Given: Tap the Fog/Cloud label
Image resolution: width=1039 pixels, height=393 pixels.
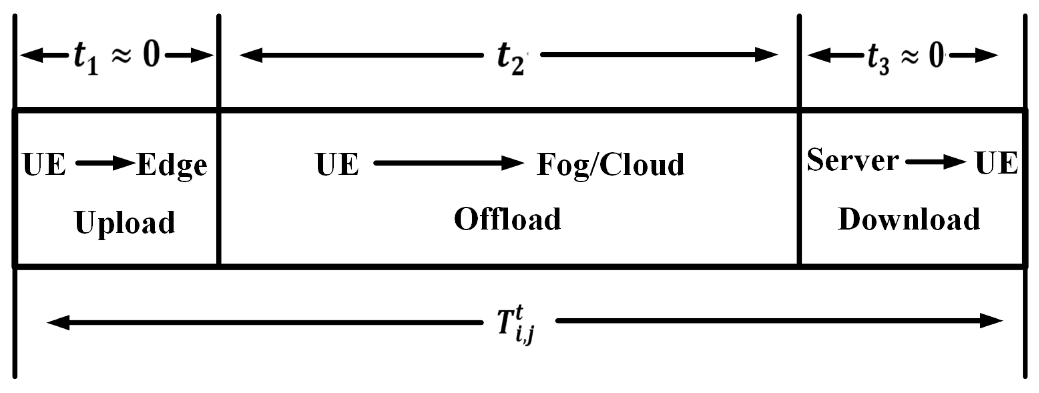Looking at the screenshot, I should tap(610, 165).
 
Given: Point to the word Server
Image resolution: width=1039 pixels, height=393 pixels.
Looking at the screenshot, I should tap(852, 160).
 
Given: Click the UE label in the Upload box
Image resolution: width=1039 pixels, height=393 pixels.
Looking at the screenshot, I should tap(44, 164).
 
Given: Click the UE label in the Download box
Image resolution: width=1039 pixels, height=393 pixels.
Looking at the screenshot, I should tap(996, 163).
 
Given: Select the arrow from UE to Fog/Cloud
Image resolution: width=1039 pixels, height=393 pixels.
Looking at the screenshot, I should tap(449, 163).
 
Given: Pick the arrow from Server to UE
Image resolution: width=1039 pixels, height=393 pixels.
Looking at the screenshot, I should tap(936, 162).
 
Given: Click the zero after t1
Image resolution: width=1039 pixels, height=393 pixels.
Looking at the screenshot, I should tap(151, 55).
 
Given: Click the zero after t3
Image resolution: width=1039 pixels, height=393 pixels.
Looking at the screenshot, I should tap(937, 55).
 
